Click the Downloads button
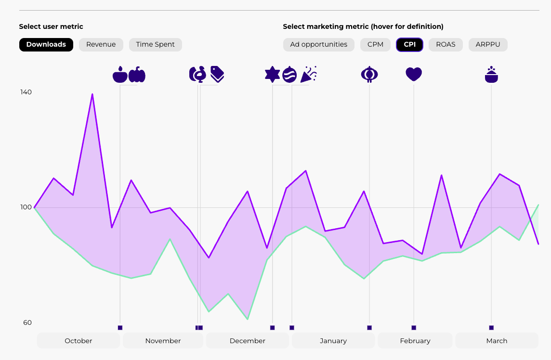[x=46, y=45]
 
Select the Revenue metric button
[x=101, y=45]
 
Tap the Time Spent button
[x=156, y=45]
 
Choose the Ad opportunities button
[x=318, y=45]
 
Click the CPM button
[x=375, y=45]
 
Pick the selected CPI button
[x=409, y=45]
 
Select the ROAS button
[x=446, y=45]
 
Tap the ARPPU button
[x=488, y=45]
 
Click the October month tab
[x=79, y=341]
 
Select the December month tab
[x=248, y=341]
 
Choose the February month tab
[x=415, y=341]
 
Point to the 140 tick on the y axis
[x=26, y=92]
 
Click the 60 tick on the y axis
[x=27, y=322]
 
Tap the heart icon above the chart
[x=414, y=74]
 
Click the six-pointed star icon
[x=273, y=74]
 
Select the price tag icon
[x=217, y=74]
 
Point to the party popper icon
[x=309, y=74]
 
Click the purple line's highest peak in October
[x=92, y=94]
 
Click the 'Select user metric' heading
[x=51, y=26]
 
